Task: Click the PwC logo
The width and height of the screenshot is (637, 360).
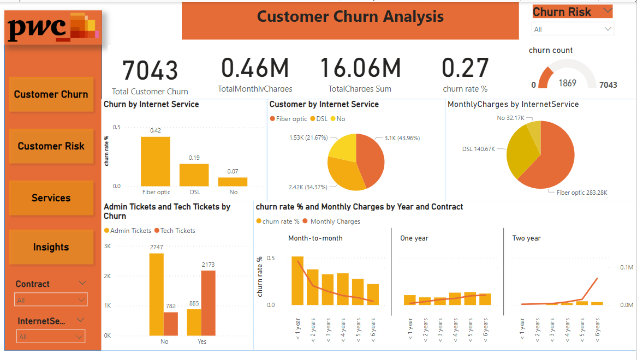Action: [52, 28]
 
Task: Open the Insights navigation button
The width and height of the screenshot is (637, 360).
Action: [51, 247]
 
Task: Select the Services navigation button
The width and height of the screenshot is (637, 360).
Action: [51, 198]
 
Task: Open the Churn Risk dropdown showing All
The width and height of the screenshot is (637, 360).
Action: [573, 29]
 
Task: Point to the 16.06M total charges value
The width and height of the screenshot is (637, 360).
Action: [360, 68]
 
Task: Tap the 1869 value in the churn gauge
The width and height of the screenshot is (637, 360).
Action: [567, 83]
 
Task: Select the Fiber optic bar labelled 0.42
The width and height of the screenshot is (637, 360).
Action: [156, 161]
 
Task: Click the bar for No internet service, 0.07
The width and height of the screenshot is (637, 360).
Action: [233, 182]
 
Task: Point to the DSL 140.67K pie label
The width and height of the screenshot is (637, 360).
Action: [478, 149]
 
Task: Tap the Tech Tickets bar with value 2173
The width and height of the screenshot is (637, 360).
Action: [208, 303]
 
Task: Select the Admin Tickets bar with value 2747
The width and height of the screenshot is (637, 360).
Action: [156, 294]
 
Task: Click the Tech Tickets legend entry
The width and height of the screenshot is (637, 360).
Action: [175, 231]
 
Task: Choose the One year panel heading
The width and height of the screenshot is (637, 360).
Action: [414, 238]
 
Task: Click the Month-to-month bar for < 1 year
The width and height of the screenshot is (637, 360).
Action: [297, 280]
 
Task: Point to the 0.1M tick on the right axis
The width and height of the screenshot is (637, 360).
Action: [626, 267]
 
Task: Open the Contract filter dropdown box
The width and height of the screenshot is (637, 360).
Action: [51, 300]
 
